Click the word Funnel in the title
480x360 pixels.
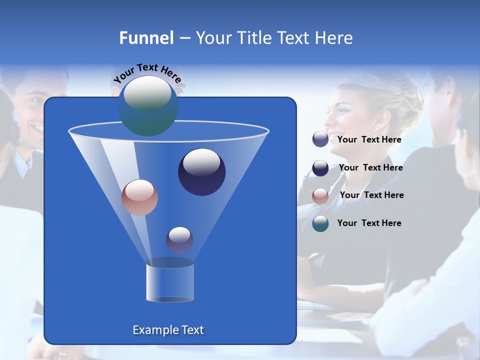146,38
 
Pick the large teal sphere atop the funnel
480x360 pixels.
147,106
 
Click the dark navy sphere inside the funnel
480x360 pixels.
201,172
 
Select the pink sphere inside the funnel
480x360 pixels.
139,197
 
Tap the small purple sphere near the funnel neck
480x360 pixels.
179,240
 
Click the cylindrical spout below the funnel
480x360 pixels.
169,282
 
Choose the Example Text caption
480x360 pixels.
168,330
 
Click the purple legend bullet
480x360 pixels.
320,139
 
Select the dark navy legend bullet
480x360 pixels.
320,168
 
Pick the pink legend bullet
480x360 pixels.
320,195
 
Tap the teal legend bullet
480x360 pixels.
320,223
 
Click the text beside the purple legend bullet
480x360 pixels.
369,140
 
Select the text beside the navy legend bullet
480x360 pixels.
370,168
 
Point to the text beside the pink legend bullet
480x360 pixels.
371,195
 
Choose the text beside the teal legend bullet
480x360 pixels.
369,223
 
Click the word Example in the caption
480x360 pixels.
154,330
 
